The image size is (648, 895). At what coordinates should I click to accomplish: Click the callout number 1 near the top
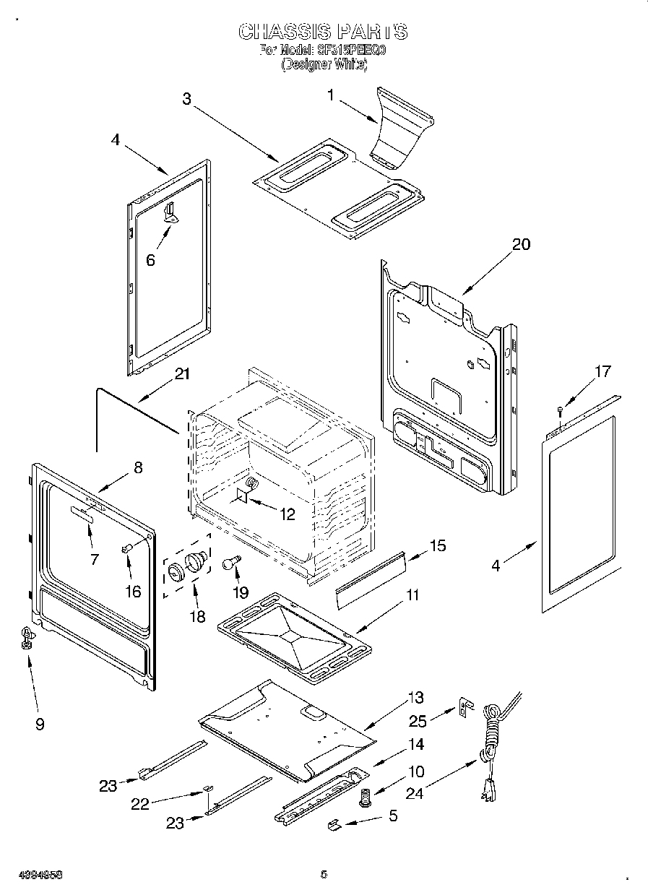pyautogui.click(x=331, y=95)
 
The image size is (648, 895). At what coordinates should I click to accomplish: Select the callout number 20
pyautogui.click(x=520, y=244)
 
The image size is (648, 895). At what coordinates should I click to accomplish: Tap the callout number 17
pyautogui.click(x=602, y=372)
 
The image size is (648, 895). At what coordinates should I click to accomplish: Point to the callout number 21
pyautogui.click(x=182, y=373)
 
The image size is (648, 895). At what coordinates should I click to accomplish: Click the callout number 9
pyautogui.click(x=39, y=723)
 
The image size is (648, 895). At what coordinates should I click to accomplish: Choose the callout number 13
pyautogui.click(x=415, y=698)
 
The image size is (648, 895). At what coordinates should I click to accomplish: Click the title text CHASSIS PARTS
pyautogui.click(x=323, y=32)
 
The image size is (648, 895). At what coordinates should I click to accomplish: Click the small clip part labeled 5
pyautogui.click(x=334, y=823)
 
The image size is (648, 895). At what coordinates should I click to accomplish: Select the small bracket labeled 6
pyautogui.click(x=170, y=212)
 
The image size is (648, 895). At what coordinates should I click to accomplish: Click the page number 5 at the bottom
pyautogui.click(x=324, y=875)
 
